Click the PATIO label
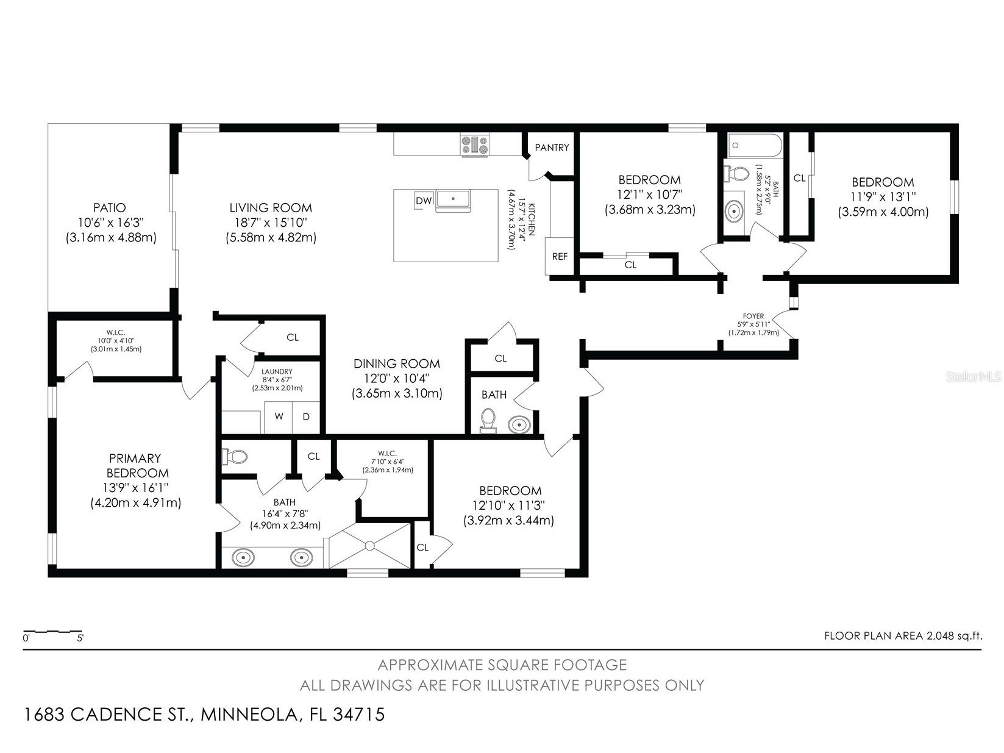point(109,208)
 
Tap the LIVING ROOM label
point(271,208)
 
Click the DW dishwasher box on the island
point(424,201)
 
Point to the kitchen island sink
point(453,199)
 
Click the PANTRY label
point(552,148)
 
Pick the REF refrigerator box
point(560,256)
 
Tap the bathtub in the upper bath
point(755,146)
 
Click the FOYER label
point(753,316)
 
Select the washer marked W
point(279,416)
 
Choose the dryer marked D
point(306,416)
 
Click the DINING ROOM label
point(397,363)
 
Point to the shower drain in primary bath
point(370,546)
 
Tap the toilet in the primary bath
point(235,456)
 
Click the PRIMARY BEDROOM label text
point(135,465)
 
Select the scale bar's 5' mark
point(80,638)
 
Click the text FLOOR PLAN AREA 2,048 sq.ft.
point(903,636)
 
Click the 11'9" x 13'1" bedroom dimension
point(883,197)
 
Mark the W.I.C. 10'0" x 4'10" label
point(116,340)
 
